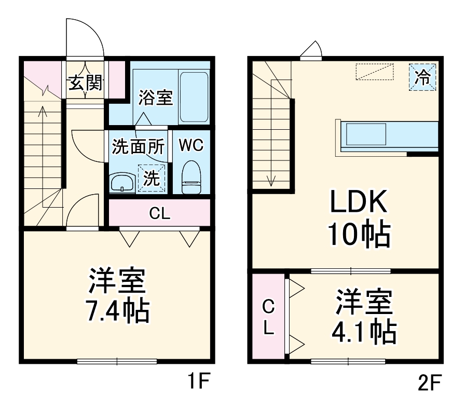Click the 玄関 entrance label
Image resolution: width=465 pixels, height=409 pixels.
pyautogui.click(x=86, y=83)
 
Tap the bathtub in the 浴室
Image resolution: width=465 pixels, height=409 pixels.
pyautogui.click(x=194, y=97)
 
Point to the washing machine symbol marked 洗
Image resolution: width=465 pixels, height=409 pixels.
pyautogui.click(x=152, y=178)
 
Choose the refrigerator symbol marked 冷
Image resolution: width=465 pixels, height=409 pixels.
pyautogui.click(x=422, y=77)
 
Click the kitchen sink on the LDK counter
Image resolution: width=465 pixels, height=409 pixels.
pyautogui.click(x=366, y=134)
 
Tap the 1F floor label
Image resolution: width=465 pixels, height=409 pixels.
pyautogui.click(x=199, y=381)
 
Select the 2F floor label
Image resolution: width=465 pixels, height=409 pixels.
pyautogui.click(x=429, y=382)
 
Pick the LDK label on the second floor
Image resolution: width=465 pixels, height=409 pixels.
pyautogui.click(x=359, y=201)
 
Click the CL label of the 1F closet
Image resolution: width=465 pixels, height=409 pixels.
pyautogui.click(x=160, y=213)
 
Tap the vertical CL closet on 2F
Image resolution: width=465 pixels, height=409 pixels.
pyautogui.click(x=268, y=317)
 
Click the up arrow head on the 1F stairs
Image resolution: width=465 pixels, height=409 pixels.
pyautogui.click(x=43, y=111)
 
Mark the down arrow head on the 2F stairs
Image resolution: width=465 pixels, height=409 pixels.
pyautogui.click(x=271, y=182)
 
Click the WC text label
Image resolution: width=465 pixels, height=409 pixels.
pyautogui.click(x=192, y=145)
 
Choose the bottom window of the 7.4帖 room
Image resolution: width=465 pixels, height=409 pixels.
pyautogui.click(x=117, y=361)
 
